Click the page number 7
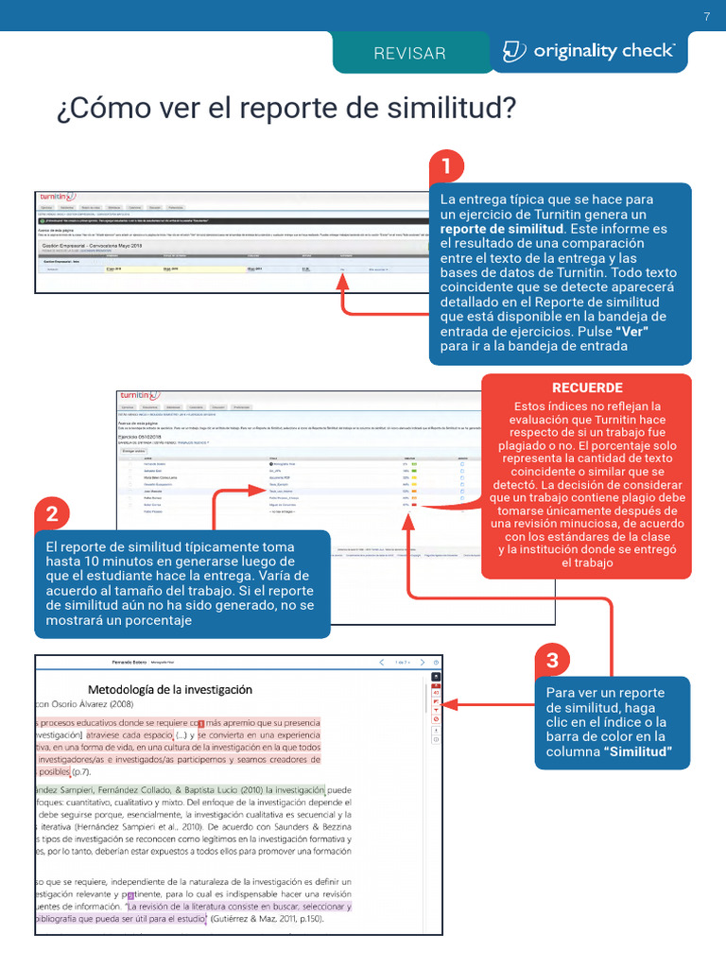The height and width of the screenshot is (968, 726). pyautogui.click(x=706, y=16)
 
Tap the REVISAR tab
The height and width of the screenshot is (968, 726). pyautogui.click(x=409, y=53)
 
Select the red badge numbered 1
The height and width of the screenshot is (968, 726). pyautogui.click(x=446, y=167)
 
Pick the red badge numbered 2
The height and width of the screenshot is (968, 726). pyautogui.click(x=52, y=514)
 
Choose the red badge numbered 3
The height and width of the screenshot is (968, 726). pyautogui.click(x=552, y=660)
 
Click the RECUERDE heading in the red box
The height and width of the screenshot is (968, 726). pyautogui.click(x=587, y=388)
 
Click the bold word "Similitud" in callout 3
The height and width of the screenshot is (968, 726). pyautogui.click(x=638, y=752)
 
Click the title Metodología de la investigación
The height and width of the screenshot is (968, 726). pyautogui.click(x=170, y=689)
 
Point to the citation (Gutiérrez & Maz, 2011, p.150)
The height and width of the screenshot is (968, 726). pyautogui.click(x=267, y=918)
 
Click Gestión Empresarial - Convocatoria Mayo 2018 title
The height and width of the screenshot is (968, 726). pyautogui.click(x=91, y=244)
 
